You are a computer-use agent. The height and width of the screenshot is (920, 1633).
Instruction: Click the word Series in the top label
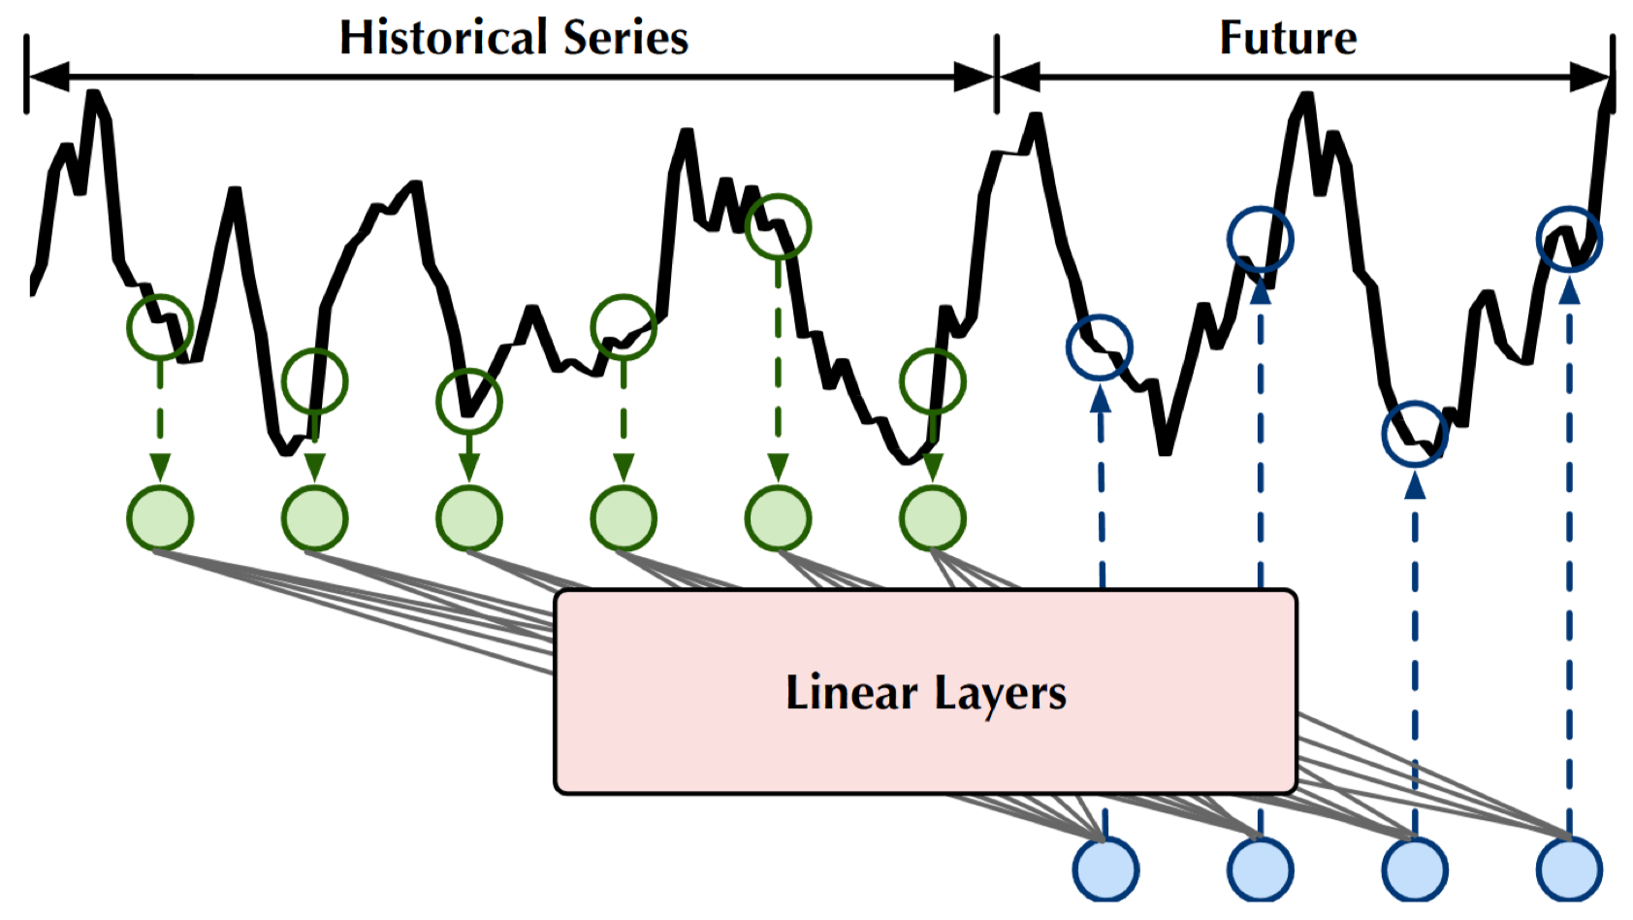(x=625, y=39)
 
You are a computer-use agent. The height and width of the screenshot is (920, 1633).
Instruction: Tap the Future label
(x=1288, y=39)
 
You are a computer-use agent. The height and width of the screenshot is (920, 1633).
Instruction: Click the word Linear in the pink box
(x=850, y=693)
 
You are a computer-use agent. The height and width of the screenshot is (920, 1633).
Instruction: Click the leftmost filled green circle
(x=160, y=518)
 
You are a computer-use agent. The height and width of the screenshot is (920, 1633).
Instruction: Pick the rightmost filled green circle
(x=932, y=518)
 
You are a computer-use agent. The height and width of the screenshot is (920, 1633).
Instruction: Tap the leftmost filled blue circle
(x=1105, y=870)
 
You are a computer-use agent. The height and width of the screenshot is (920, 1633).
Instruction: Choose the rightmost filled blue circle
(x=1569, y=870)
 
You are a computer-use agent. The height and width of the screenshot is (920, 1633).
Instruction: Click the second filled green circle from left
(x=314, y=518)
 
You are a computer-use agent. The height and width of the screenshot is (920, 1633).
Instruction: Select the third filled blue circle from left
(x=1415, y=870)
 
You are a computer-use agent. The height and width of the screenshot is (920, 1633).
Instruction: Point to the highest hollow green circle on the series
(x=778, y=226)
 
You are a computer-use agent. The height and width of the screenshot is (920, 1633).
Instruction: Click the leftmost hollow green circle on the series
(x=160, y=327)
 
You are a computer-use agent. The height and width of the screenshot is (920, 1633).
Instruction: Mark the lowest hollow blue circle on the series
(x=1415, y=434)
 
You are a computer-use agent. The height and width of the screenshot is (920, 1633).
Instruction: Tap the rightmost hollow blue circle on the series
(x=1569, y=239)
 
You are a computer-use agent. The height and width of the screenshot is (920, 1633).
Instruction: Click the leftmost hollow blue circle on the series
(x=1100, y=347)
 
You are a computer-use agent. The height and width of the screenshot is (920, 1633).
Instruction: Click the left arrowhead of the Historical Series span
(x=48, y=77)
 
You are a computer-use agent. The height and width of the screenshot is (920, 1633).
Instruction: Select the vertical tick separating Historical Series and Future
(x=996, y=74)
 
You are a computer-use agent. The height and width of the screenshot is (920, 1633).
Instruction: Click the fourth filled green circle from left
(x=624, y=518)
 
